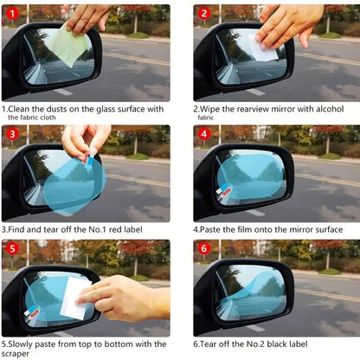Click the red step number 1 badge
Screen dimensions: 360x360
click(x=12, y=14)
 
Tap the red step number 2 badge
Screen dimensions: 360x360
click(x=204, y=14)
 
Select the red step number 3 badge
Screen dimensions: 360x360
click(x=12, y=134)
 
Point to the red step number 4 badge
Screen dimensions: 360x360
click(x=204, y=134)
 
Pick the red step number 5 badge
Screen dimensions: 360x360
click(x=12, y=250)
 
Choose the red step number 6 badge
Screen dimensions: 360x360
click(x=204, y=250)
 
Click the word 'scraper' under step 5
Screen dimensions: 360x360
click(x=18, y=353)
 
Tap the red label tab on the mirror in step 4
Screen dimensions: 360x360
click(x=225, y=192)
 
